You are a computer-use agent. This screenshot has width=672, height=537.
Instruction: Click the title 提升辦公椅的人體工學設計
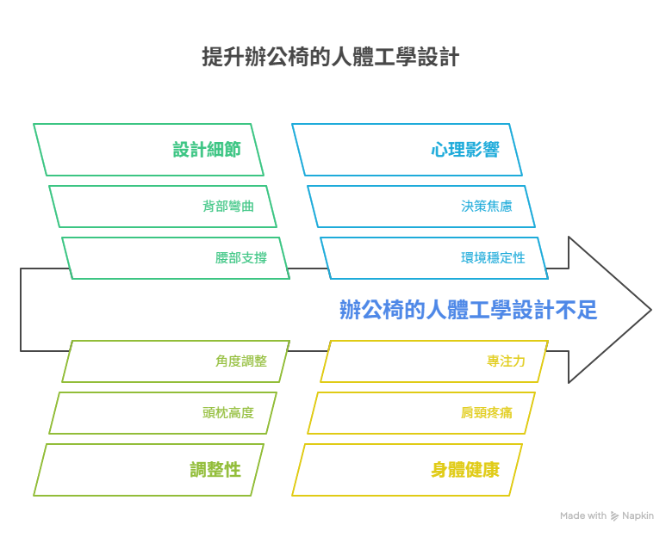pyautogui.click(x=331, y=57)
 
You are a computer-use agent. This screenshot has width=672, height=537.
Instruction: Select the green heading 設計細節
pyautogui.click(x=207, y=150)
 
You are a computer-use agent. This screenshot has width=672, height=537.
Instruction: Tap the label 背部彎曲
pyautogui.click(x=228, y=206)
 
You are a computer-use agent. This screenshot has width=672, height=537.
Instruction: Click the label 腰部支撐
pyautogui.click(x=241, y=258)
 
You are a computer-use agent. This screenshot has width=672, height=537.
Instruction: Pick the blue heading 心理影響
pyautogui.click(x=465, y=150)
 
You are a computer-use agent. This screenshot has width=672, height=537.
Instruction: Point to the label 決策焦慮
pyautogui.click(x=487, y=206)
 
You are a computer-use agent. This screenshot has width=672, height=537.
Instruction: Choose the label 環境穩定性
pyautogui.click(x=493, y=258)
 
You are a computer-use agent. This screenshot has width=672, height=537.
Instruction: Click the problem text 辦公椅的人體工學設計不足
pyautogui.click(x=468, y=310)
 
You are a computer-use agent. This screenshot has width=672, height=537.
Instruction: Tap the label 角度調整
pyautogui.click(x=241, y=361)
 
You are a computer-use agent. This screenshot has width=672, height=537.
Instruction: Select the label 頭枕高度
pyautogui.click(x=228, y=413)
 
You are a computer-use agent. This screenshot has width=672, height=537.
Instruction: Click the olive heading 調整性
pyautogui.click(x=215, y=470)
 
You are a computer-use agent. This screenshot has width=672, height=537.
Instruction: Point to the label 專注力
pyautogui.click(x=506, y=361)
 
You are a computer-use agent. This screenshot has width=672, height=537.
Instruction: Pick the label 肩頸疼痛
pyautogui.click(x=487, y=413)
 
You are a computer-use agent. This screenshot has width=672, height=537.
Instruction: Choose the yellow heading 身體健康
pyautogui.click(x=465, y=470)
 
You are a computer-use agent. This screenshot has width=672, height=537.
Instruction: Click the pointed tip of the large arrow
pyautogui.click(x=651, y=310)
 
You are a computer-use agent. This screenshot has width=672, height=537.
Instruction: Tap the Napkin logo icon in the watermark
pyautogui.click(x=614, y=516)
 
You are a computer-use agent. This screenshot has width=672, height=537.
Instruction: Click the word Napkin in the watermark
pyautogui.click(x=638, y=516)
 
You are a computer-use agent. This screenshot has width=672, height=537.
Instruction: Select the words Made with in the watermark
pyautogui.click(x=583, y=515)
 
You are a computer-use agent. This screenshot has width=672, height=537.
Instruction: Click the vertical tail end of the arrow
pyautogui.click(x=21, y=310)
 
